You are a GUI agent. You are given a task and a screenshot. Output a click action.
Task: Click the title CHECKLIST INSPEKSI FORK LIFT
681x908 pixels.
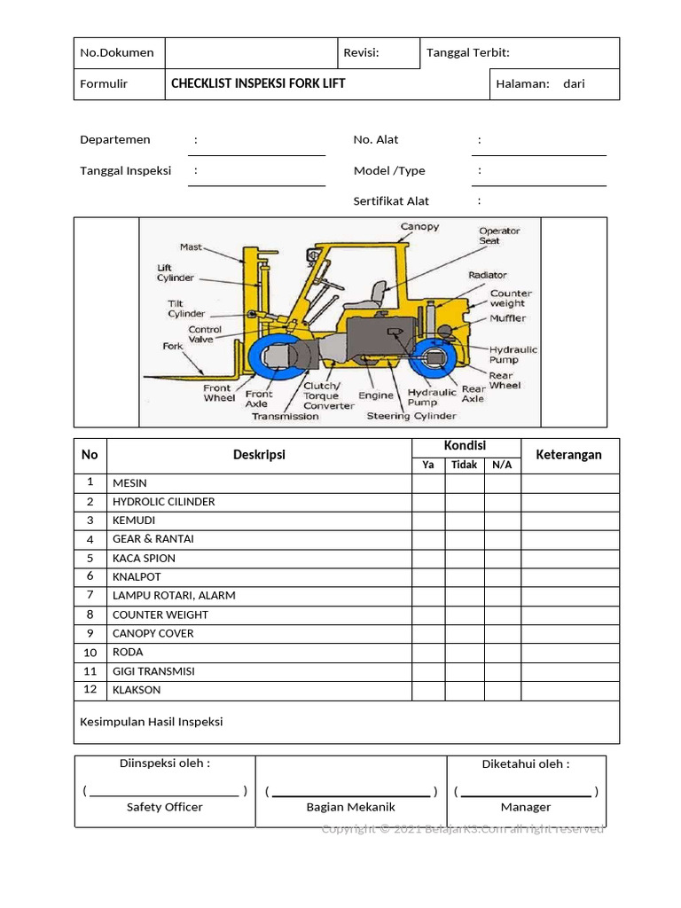[x=258, y=83]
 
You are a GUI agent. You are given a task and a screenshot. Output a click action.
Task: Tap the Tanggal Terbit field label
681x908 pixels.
[x=468, y=52]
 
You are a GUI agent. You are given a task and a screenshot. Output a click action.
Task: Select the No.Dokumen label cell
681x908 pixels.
[x=117, y=52]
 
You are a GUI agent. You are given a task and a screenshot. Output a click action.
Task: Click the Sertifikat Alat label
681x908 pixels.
[x=391, y=201]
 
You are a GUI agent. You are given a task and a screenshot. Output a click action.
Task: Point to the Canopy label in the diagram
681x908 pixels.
[x=419, y=227]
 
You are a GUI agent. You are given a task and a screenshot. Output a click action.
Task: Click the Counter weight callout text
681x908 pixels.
[x=511, y=298]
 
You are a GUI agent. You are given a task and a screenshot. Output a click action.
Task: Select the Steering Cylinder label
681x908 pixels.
[x=411, y=416]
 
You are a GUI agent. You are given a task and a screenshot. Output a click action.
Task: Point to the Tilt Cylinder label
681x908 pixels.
[x=186, y=309]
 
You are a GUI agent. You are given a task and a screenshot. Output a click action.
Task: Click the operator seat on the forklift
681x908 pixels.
[x=376, y=294]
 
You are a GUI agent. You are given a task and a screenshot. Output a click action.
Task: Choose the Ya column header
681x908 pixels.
[x=428, y=465]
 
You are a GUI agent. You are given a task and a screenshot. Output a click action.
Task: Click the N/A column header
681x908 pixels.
[x=502, y=465]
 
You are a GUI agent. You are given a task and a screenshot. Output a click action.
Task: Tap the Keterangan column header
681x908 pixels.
[x=569, y=455]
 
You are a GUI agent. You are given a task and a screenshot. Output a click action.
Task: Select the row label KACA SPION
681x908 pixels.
[x=144, y=558]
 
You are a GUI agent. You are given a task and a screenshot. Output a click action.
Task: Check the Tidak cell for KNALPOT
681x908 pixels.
[x=464, y=576]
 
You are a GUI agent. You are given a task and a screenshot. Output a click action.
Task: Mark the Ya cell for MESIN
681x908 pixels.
[x=428, y=482]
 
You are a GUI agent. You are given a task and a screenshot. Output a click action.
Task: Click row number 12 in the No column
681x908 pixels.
[x=90, y=689]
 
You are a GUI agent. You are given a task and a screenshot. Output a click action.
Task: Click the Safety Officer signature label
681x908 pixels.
[x=164, y=807]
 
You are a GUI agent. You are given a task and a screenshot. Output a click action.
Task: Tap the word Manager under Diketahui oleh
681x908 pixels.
[x=526, y=807]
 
